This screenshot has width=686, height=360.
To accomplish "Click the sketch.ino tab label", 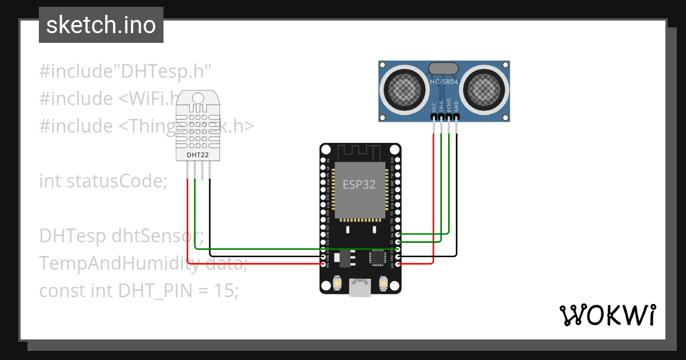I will (x=101, y=26).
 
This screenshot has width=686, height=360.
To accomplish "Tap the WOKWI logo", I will (x=607, y=315).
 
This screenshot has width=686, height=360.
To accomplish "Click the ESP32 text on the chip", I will (x=359, y=185).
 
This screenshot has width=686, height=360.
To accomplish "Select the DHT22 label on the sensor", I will (x=198, y=154).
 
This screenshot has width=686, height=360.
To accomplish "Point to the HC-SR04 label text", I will (x=444, y=82).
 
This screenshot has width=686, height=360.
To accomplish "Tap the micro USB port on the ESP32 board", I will (x=360, y=289).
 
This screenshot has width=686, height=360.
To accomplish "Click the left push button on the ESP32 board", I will (x=337, y=283).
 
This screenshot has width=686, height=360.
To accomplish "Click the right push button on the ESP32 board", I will (x=384, y=283).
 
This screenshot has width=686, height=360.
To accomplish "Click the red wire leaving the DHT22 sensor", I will (x=188, y=217).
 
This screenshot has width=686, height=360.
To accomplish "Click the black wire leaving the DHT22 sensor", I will (x=210, y=217).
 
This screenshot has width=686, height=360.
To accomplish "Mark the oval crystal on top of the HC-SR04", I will (x=444, y=67).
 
